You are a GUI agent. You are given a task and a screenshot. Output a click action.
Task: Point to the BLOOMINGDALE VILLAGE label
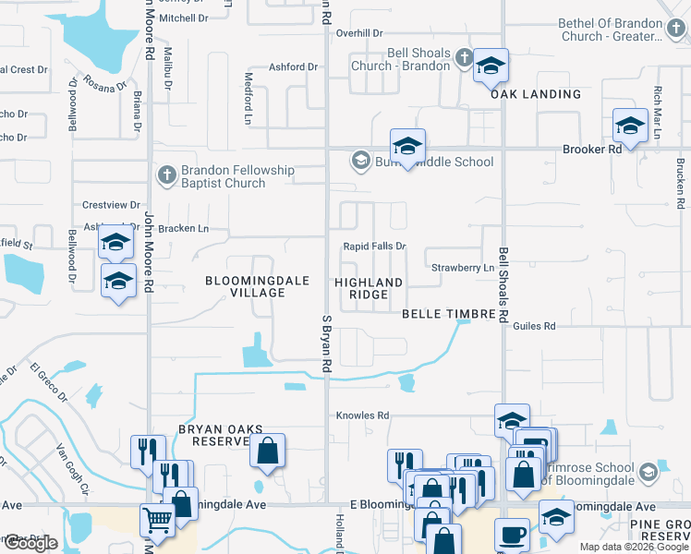coord(245,286)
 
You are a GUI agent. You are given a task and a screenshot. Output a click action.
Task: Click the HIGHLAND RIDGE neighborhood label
coord(369,288)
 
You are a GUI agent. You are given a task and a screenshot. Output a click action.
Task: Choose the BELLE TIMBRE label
coord(449,314)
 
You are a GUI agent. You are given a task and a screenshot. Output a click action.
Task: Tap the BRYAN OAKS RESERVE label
coord(220,436)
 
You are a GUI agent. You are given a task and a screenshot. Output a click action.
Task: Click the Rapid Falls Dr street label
coord(374,247)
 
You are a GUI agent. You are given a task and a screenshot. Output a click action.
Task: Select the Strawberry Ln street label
coord(463,268)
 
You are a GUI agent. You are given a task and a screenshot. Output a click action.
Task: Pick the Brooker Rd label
coord(592,150)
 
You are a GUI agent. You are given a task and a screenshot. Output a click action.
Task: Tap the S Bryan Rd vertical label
coord(326,343)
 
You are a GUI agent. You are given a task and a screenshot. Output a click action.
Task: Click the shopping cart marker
coord(158,521)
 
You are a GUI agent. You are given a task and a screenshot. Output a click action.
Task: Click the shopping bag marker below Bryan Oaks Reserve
coord(267,452)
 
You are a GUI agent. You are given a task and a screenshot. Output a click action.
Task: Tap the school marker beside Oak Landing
coord(491,66)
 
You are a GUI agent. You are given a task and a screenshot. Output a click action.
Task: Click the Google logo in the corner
coord(30,544)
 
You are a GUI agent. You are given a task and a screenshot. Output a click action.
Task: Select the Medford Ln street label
coord(248,88)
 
